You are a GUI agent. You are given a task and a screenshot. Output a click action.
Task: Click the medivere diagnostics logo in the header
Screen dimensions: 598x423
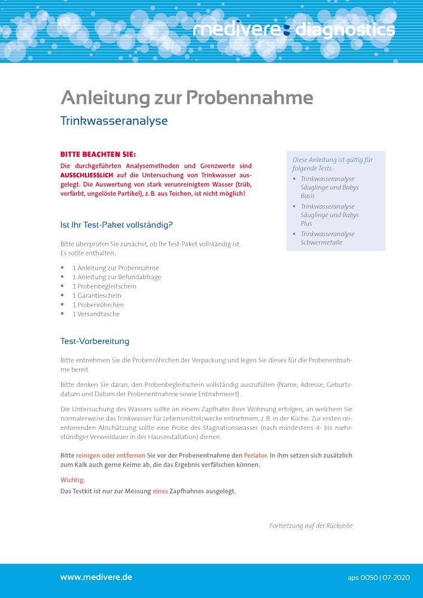point(294,29)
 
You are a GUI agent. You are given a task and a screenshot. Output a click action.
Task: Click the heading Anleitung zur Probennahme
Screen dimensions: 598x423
point(187,97)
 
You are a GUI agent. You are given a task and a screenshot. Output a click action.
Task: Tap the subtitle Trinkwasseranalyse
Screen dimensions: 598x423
point(114,121)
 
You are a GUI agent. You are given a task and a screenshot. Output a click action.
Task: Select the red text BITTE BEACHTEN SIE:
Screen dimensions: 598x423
point(98,154)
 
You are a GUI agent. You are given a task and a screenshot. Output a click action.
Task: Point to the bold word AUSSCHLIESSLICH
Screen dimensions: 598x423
point(87,175)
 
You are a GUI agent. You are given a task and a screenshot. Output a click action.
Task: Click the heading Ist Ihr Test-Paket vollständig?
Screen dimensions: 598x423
point(116,225)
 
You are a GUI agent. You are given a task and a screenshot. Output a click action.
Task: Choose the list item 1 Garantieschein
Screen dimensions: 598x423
point(97,295)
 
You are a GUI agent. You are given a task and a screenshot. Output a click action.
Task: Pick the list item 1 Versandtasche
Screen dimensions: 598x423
point(96,314)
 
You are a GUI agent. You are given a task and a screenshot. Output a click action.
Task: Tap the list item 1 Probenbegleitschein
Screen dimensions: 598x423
point(104,286)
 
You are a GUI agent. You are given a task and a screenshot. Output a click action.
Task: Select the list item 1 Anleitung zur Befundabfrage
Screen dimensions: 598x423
point(117,277)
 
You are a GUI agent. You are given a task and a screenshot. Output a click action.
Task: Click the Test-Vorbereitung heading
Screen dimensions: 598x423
point(95,341)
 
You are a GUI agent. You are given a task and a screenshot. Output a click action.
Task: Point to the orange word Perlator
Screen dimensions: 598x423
point(255,456)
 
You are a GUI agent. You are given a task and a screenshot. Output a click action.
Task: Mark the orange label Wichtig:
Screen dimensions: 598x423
point(73,480)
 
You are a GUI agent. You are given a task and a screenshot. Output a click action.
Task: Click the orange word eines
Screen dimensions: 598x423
point(160,492)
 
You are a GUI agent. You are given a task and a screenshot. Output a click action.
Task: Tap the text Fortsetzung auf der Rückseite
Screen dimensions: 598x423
point(311,526)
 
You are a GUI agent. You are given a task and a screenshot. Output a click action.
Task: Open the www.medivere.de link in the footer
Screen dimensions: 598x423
point(96,577)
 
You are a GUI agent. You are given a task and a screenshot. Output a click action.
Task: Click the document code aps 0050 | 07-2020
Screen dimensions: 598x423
point(378,578)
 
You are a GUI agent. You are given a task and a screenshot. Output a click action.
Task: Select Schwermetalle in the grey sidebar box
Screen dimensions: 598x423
point(322,242)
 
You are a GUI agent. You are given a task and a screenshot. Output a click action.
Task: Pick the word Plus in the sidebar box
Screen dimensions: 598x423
point(306,224)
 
